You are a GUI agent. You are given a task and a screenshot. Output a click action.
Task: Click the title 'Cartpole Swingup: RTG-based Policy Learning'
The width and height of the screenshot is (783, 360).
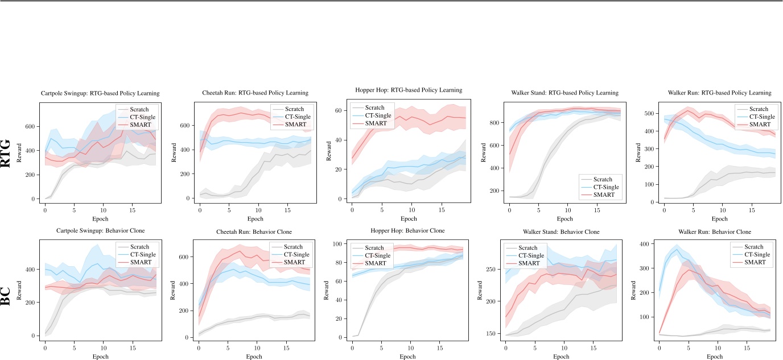click(100, 93)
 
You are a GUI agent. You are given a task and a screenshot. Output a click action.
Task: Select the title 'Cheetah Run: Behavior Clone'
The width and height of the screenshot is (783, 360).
click(255, 231)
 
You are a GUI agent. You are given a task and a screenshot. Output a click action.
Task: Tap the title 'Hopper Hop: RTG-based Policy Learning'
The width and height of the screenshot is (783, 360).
click(410, 90)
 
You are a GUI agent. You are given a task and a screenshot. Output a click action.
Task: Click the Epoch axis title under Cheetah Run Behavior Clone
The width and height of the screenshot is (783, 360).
click(255, 357)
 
